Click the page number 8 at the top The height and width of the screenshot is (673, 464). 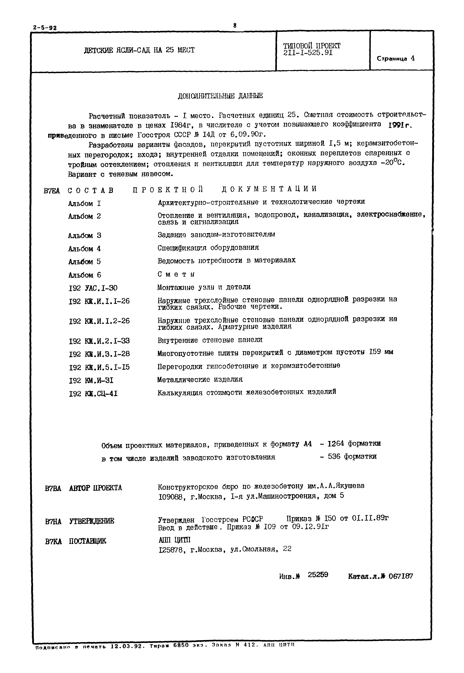pyautogui.click(x=235, y=26)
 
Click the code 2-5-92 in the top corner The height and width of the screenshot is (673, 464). pyautogui.click(x=45, y=28)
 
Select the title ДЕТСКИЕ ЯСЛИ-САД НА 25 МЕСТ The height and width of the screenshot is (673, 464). pyautogui.click(x=139, y=50)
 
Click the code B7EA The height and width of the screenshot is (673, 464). pyautogui.click(x=51, y=191)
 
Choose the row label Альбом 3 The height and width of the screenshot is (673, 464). pyautogui.click(x=85, y=235)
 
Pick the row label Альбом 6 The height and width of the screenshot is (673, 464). pyautogui.click(x=85, y=275)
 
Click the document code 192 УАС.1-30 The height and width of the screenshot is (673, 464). pyautogui.click(x=93, y=288)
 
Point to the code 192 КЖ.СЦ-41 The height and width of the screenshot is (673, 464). pyautogui.click(x=93, y=394)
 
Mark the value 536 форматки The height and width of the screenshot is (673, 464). pyautogui.click(x=352, y=456)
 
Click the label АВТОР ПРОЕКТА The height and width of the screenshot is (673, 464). pyautogui.click(x=95, y=488)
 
